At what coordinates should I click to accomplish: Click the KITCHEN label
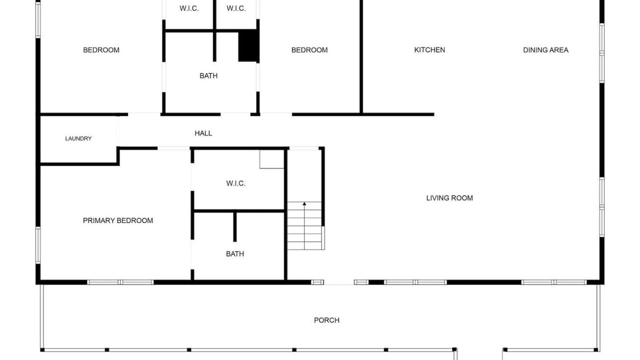coord(429,50)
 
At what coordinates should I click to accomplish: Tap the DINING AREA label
coord(545,50)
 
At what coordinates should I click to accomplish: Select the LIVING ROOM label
coord(449,198)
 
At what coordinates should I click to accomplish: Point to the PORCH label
coord(326,320)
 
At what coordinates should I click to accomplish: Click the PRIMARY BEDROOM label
coord(117,220)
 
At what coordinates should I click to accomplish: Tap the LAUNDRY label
coord(78,138)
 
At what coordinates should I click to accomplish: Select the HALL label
coord(203,133)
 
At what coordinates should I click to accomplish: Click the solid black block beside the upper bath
coord(248,45)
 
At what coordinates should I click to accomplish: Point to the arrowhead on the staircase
coord(304,203)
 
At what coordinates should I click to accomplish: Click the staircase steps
coord(304,225)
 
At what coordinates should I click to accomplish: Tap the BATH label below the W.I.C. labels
coord(208,75)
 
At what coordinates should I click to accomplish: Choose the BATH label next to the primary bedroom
coord(235,254)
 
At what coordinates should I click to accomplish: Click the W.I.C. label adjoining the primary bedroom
coord(235,183)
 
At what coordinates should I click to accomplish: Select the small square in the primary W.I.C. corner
coord(271,159)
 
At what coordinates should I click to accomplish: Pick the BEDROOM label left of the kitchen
coord(309,50)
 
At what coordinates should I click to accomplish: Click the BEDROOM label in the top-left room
coord(101,50)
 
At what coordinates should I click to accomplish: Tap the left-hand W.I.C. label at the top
coord(189,8)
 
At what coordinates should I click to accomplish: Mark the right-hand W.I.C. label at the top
coord(236,8)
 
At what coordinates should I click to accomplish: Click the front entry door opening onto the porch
coord(339,282)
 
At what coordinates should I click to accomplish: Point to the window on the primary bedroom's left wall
coord(38,245)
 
